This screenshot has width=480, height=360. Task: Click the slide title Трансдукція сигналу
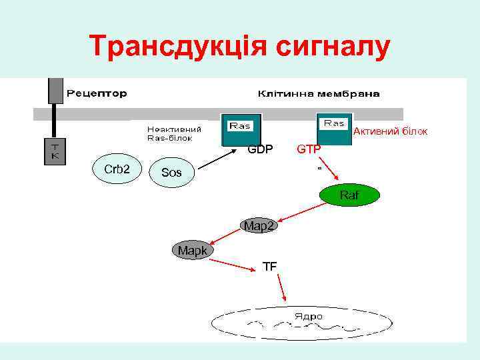[x=239, y=47]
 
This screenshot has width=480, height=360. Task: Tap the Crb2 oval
[x=117, y=169]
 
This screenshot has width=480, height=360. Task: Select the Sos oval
[x=171, y=173]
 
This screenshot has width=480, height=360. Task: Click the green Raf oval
[x=349, y=195]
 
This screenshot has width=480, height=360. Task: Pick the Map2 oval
[x=259, y=226]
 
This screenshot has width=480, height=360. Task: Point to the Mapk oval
[x=192, y=250]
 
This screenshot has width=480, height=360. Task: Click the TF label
[x=270, y=267]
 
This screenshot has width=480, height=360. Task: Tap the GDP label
[x=260, y=149]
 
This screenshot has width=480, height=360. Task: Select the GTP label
[x=309, y=149]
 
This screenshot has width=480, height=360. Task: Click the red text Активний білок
[x=390, y=131]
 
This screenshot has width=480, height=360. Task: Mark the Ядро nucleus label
[x=309, y=315]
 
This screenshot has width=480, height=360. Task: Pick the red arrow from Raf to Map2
[x=301, y=212]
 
